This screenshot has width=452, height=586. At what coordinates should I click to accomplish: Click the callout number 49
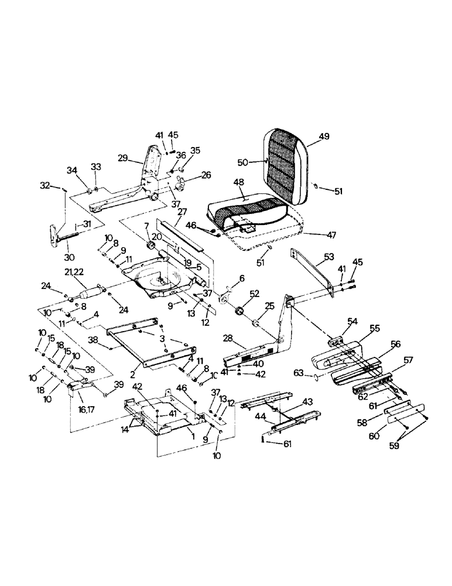(324, 137)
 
